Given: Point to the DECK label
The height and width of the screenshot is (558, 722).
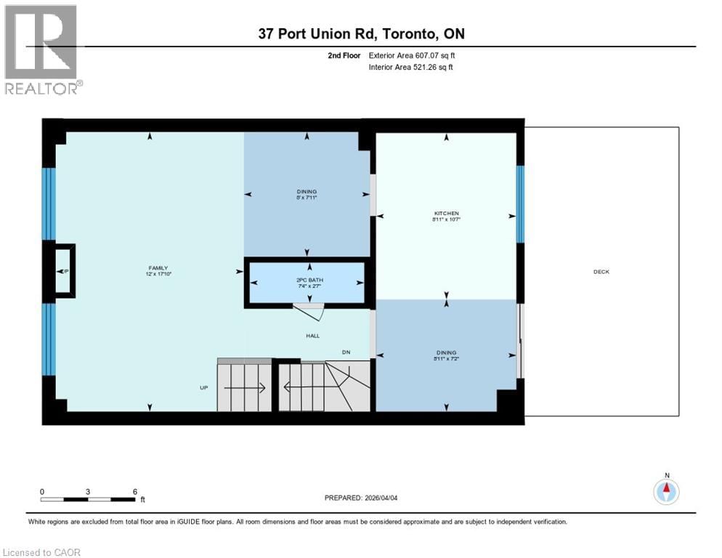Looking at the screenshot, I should (x=601, y=272).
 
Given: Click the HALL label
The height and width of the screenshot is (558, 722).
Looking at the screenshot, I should (x=312, y=336).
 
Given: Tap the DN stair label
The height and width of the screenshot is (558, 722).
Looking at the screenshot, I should (x=347, y=353).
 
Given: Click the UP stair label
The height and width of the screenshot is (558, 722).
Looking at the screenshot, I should (x=204, y=387).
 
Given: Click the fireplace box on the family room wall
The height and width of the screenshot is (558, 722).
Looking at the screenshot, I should (x=63, y=271).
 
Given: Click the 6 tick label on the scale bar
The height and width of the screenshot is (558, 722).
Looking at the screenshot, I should (x=135, y=492).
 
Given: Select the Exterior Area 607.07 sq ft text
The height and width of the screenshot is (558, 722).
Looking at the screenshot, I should (x=412, y=55).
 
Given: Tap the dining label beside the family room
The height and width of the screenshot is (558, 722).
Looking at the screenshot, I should (x=306, y=195).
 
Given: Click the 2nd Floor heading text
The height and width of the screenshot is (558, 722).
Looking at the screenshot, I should (x=341, y=55).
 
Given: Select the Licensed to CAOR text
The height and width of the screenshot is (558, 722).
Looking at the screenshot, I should (x=42, y=552).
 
